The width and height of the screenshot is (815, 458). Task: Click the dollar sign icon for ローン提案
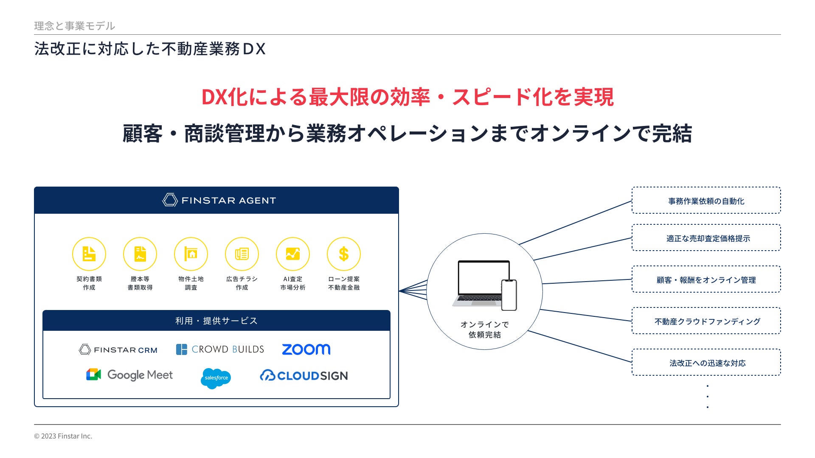click(343, 254)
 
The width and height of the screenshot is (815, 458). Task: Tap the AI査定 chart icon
click(292, 254)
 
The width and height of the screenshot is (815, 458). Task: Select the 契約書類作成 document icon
click(89, 254)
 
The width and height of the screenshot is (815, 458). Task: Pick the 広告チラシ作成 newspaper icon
click(242, 254)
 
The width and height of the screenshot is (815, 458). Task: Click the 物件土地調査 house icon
click(191, 254)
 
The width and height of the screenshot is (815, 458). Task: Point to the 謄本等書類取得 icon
click(140, 254)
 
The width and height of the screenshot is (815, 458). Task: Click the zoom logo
click(306, 349)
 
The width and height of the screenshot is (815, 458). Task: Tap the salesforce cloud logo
click(216, 378)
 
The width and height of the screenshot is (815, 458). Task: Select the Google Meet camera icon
click(93, 374)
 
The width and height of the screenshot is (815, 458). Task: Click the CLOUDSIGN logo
click(304, 376)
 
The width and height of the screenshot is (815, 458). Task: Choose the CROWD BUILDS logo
click(220, 349)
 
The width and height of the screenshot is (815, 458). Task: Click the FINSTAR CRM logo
click(118, 350)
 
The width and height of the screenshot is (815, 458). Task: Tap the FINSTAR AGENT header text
click(228, 201)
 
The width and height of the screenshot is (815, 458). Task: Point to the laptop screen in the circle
click(483, 277)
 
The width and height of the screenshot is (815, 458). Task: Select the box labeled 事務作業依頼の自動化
click(706, 201)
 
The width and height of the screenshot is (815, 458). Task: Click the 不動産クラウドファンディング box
click(706, 321)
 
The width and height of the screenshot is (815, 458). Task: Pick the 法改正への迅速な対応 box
click(706, 363)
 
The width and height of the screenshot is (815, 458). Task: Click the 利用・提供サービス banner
click(216, 321)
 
